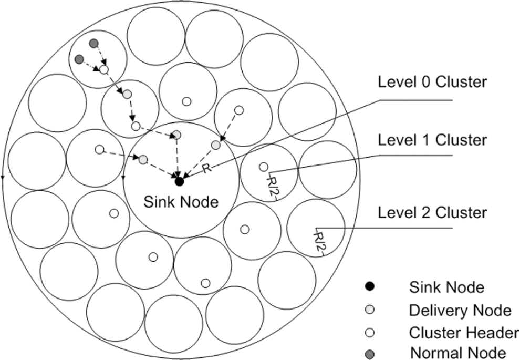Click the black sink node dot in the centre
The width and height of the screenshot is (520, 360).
point(179,181)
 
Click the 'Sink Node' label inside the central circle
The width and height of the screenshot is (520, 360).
point(181,202)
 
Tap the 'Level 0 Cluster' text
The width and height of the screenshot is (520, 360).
point(432,81)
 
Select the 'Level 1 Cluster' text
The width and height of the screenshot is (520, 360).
point(432,140)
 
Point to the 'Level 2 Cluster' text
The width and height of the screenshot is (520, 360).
point(432,213)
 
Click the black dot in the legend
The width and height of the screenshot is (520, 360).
point(369,286)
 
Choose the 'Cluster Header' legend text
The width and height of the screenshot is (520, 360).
point(464,333)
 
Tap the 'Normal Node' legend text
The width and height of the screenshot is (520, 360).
point(459,353)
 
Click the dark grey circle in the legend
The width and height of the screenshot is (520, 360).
point(369,354)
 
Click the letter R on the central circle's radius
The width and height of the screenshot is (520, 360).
point(206,168)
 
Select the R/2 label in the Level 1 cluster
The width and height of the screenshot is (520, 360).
point(272,187)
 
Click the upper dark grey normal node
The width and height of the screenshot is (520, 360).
point(94,43)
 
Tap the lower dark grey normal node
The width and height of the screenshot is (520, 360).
point(79,60)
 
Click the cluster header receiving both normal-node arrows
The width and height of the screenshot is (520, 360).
point(104,70)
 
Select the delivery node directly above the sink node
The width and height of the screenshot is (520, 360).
point(177,135)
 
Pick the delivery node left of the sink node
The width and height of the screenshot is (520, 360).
point(143,160)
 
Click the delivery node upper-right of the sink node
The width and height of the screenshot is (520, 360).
point(215,145)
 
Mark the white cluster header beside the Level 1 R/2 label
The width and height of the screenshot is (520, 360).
point(263,167)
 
